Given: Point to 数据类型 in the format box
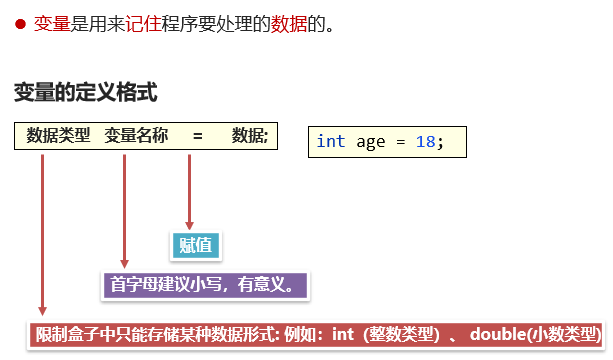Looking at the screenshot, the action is click(58, 135).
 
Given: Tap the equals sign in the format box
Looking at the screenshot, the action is click(197, 135).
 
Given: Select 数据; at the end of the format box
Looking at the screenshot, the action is click(250, 135).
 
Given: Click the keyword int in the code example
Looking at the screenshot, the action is click(331, 141).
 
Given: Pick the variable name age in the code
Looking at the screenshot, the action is click(371, 141).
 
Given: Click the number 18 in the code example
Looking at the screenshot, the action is click(425, 141).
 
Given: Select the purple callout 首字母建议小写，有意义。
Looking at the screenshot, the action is click(204, 285).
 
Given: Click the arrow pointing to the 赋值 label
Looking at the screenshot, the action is click(189, 190).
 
